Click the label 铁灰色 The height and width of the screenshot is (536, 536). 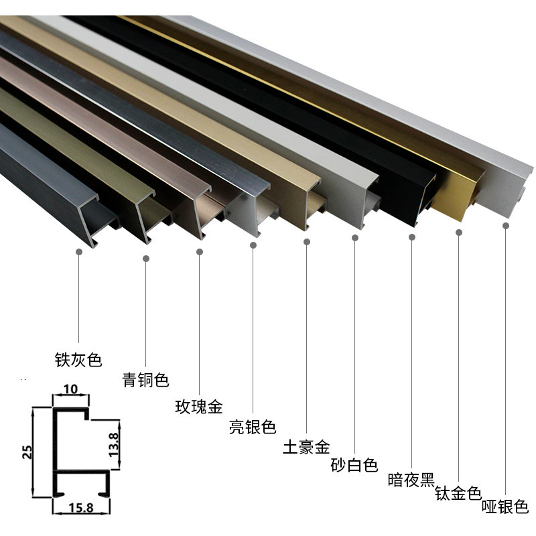78,360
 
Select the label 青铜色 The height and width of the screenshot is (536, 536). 145,380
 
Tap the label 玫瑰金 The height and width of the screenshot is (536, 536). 198,406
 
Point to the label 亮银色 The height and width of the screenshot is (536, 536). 252,427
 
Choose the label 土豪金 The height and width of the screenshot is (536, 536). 306,446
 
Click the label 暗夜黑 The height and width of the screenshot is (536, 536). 411,480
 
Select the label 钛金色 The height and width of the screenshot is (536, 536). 458,494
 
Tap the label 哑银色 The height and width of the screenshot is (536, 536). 505,507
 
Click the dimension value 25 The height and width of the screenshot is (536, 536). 27,451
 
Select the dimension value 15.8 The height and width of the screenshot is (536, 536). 80,508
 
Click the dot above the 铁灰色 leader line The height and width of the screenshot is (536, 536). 79,253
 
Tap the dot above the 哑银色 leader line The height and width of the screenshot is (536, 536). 505,226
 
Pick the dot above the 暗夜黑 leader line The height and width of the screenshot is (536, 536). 411,237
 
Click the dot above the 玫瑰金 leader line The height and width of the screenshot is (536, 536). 199,252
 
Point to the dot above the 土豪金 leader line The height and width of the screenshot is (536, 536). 306,241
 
